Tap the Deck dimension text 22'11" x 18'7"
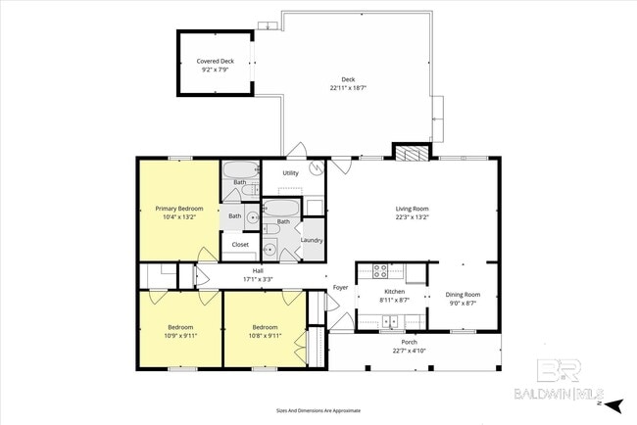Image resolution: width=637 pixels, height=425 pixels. (x=348, y=88)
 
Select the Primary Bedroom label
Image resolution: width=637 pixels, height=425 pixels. (x=177, y=209)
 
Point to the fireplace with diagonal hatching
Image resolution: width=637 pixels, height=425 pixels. (x=412, y=152)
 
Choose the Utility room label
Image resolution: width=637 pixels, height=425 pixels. (x=290, y=173)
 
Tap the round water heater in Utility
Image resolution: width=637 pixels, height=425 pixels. (x=316, y=167)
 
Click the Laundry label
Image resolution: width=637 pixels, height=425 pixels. (x=312, y=240)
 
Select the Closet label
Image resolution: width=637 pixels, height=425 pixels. (x=240, y=244)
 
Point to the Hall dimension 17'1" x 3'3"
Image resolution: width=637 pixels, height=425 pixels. (x=258, y=279)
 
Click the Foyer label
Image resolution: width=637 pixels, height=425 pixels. (x=340, y=287)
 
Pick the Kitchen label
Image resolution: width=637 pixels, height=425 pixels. (x=394, y=292)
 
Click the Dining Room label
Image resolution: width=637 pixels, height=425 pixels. (x=463, y=295)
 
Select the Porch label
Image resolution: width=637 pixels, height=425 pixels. (x=409, y=342)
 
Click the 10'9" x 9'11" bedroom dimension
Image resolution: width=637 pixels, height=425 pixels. (x=179, y=335)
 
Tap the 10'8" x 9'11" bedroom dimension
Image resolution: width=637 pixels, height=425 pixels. (x=265, y=335)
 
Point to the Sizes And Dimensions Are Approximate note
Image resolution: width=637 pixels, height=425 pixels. (x=318, y=411)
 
